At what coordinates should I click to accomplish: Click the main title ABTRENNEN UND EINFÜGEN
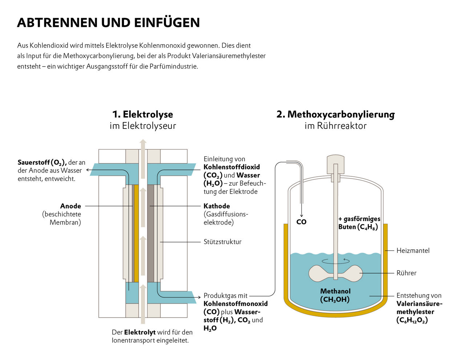108,22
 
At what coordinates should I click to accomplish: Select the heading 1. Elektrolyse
143,114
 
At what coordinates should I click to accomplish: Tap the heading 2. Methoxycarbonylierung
335,114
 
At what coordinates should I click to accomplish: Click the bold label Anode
70,206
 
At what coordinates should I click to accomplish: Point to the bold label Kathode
217,206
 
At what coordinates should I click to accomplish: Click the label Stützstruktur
222,242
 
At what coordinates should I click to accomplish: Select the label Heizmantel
413,250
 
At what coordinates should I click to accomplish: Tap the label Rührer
406,273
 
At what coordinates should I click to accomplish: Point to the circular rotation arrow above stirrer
336,261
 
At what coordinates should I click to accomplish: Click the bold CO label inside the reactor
301,222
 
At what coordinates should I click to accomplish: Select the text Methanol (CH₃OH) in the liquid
335,295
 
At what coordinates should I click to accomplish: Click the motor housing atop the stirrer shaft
335,164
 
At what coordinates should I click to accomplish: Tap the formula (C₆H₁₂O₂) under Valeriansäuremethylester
412,320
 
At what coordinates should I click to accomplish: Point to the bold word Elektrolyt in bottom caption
140,332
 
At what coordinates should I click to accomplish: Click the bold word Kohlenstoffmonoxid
235,303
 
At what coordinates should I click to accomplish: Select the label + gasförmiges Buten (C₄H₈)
359,223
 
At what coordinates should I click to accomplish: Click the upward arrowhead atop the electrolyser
143,142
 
